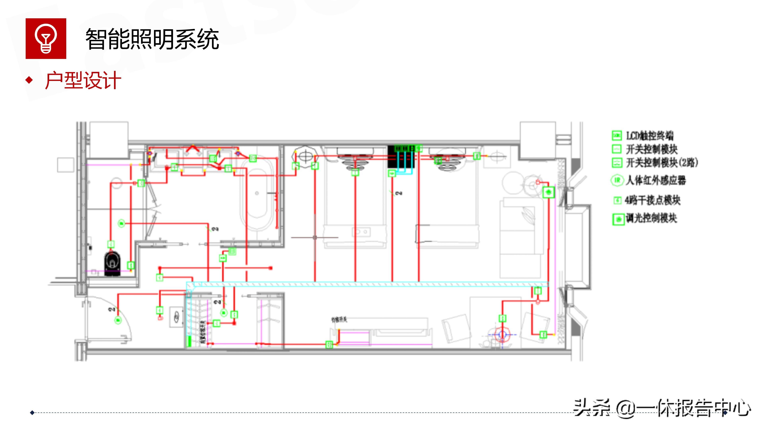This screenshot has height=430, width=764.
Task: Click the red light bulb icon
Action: point(46,39)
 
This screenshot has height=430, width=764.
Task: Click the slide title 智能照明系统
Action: point(152,39)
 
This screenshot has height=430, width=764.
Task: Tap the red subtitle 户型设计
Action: point(83,80)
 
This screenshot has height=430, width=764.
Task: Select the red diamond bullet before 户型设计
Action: point(29,80)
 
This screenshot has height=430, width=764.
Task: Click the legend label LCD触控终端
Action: point(650,136)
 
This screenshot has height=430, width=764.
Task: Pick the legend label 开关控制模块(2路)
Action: point(662,163)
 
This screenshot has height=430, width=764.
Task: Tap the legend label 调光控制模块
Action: point(651,219)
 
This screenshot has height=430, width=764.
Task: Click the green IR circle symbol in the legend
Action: point(617,180)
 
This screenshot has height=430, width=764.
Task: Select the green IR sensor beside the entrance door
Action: point(118,320)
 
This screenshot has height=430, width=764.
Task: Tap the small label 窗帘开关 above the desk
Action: point(339,320)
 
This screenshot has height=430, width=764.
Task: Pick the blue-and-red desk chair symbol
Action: point(502,335)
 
